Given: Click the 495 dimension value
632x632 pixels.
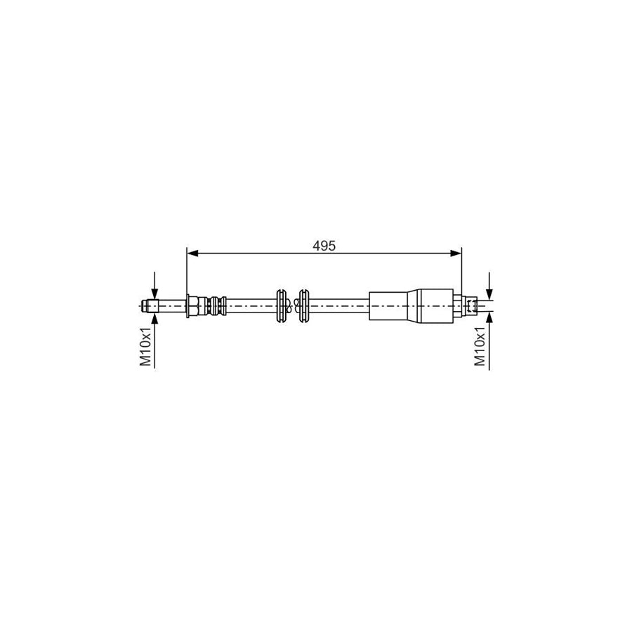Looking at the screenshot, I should (x=324, y=246).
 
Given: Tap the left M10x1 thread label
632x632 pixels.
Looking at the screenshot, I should (x=146, y=346).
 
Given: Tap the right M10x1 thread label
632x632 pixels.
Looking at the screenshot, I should (x=480, y=346).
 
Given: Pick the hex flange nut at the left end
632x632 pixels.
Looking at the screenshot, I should (x=192, y=305).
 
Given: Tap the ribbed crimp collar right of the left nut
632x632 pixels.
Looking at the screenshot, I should (x=215, y=305).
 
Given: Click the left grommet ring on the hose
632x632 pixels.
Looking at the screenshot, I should (x=282, y=305).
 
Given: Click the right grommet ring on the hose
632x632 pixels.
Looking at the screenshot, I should (x=305, y=305).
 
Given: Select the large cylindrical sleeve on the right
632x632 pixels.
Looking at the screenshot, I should (x=393, y=305).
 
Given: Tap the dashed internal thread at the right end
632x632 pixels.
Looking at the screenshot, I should (x=477, y=305).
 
